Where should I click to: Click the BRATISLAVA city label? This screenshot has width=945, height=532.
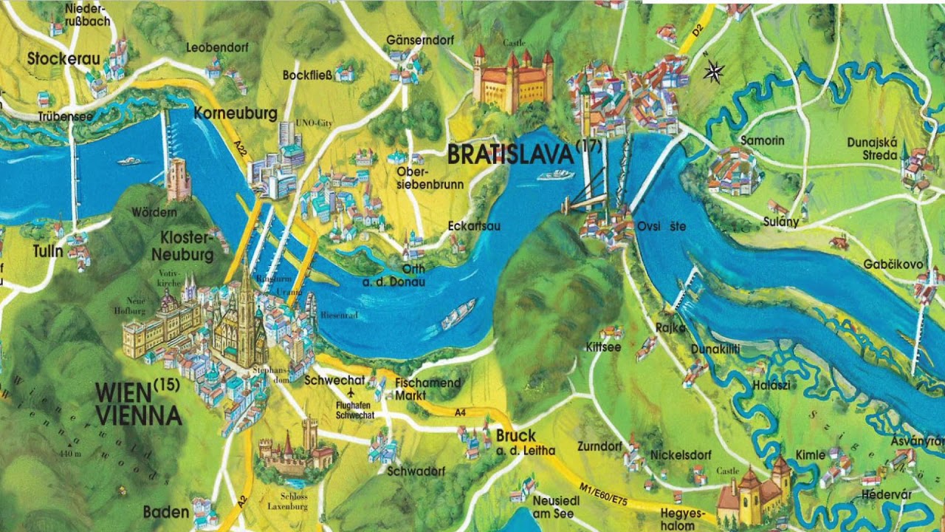(x=510, y=154)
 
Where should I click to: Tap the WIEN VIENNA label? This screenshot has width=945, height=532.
(x=138, y=403)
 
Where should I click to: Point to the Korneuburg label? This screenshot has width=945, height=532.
(x=236, y=114)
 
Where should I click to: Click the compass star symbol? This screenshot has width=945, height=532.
(x=713, y=72)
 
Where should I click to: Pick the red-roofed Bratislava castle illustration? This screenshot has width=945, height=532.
(x=514, y=80)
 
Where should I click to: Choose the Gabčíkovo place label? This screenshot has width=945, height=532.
(x=893, y=264)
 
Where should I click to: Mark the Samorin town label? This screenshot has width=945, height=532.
(x=762, y=140)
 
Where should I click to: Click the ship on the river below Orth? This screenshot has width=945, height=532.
(x=458, y=314)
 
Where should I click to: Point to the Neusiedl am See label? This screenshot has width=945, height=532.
(x=556, y=505)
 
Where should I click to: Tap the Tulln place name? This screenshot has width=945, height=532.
(x=48, y=251)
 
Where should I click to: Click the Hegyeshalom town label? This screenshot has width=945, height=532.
(x=678, y=519)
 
